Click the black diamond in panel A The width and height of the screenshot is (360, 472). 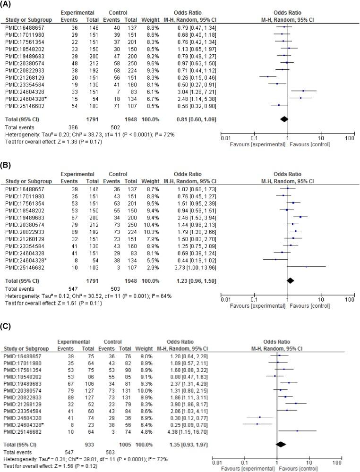tap(284, 118)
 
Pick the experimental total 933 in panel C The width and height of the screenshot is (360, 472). tap(87, 444)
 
